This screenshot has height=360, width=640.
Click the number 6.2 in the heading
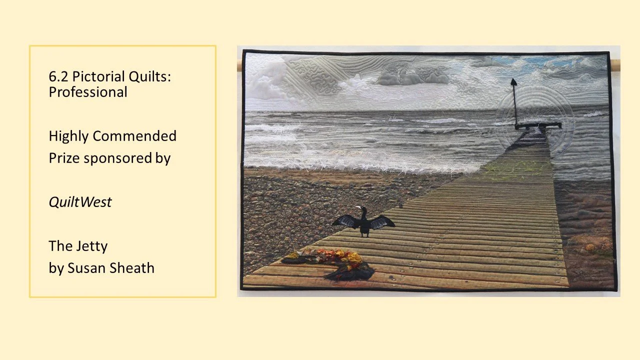pyautogui.click(x=58, y=77)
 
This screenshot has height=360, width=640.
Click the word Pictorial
pyautogui.click(x=98, y=77)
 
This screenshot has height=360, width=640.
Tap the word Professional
pyautogui.click(x=87, y=92)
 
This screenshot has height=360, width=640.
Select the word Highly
pyautogui.click(x=68, y=136)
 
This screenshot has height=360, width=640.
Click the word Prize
pyautogui.click(x=64, y=158)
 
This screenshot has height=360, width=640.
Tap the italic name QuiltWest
pyautogui.click(x=80, y=202)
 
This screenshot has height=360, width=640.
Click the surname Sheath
pyautogui.click(x=131, y=268)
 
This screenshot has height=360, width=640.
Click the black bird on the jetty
pyautogui.click(x=364, y=222)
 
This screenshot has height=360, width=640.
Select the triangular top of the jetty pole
pyautogui.click(x=513, y=82)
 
